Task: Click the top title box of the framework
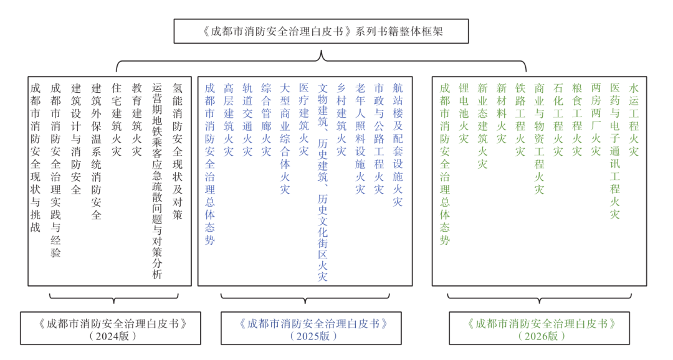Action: [321, 31]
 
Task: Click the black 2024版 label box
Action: [111, 328]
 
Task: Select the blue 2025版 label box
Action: [311, 328]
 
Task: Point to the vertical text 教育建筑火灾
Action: [137, 119]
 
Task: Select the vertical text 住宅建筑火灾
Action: [117, 119]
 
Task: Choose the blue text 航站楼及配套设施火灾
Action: [398, 144]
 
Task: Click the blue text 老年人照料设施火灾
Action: [360, 138]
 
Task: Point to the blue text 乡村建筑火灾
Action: [341, 119]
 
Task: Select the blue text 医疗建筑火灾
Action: [303, 119]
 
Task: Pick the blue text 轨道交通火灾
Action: [247, 119]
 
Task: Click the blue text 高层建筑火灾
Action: [229, 119]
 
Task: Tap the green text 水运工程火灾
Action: [634, 119]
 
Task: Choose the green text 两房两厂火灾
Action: [596, 119]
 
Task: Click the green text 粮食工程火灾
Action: [578, 119]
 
